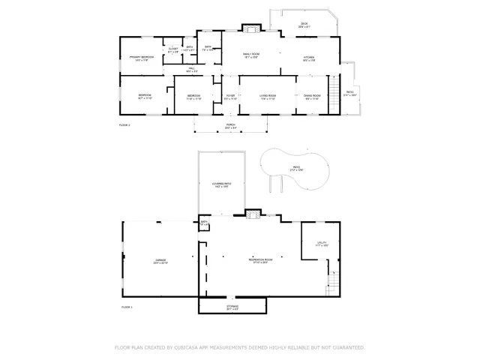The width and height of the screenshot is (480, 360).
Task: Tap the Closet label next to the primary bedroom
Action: pyautogui.click(x=173, y=49)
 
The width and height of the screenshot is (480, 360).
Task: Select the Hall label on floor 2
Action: pyautogui.click(x=191, y=70)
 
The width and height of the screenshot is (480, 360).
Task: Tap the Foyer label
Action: pyautogui.click(x=230, y=97)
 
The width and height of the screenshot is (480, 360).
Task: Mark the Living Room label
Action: pyautogui.click(x=268, y=97)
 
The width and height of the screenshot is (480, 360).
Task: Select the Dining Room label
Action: pyautogui.click(x=312, y=97)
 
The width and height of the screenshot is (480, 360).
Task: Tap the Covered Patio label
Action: pyautogui.click(x=221, y=184)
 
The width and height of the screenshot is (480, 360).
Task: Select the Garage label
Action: pyautogui.click(x=160, y=261)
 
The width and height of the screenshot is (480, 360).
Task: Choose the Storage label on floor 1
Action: pyautogui.click(x=232, y=307)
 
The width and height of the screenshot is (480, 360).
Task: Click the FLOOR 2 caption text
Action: pyautogui.click(x=124, y=124)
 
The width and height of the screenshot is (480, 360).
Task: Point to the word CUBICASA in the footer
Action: pyautogui.click(x=187, y=348)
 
